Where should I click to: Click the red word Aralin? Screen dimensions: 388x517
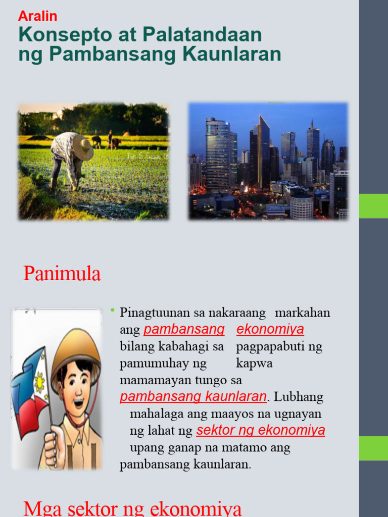[37, 16]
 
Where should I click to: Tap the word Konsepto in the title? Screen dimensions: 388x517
[65, 34]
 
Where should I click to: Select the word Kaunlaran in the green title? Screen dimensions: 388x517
[231, 54]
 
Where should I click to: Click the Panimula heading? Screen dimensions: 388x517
[62, 273]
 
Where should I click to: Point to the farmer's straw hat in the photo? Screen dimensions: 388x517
[83, 147]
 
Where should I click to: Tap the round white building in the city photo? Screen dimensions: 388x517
[301, 206]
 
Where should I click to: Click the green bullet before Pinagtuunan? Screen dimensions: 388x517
[113, 310]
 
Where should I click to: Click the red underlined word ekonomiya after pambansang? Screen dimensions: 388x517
[270, 329]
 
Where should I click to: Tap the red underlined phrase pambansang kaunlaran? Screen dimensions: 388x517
[193, 397]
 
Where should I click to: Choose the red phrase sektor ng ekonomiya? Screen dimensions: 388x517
[261, 430]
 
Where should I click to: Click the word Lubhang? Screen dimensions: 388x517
[299, 397]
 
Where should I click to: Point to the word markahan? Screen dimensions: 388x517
[303, 313]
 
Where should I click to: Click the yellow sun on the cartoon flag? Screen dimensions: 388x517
[39, 382]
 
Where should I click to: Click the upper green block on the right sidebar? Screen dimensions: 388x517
[373, 206]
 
